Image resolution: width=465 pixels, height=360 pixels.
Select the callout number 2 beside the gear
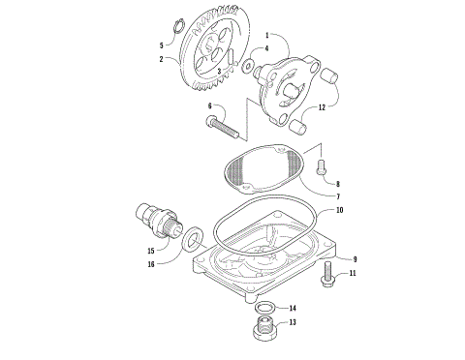(x=164, y=59)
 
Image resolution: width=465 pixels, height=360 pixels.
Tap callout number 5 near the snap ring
(x=161, y=45)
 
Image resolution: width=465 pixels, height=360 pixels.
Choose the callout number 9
(x=355, y=259)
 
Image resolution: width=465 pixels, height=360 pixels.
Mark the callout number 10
(x=340, y=210)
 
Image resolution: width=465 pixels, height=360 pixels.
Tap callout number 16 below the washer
(x=151, y=262)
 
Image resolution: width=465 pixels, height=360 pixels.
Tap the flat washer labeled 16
(x=190, y=235)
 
